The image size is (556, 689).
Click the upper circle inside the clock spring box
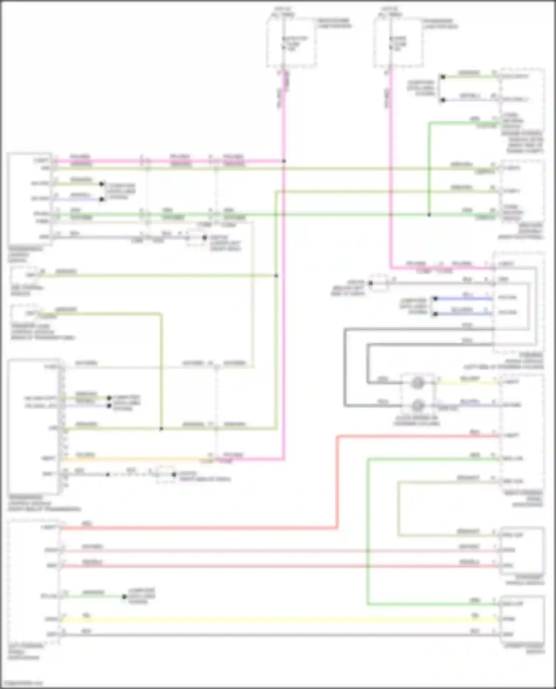(417, 383)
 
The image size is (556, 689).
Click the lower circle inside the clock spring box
(417, 405)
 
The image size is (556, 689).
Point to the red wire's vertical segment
(337, 481)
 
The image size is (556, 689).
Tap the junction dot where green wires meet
(429, 215)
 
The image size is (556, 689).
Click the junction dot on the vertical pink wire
(284, 161)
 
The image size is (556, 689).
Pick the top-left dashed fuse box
(291, 43)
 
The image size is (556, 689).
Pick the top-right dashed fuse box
(398, 43)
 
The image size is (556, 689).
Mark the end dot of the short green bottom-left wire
(124, 596)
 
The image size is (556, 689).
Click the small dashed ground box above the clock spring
(379, 283)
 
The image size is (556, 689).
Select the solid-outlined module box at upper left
(30, 199)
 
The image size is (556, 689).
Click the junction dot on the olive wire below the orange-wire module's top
(161, 429)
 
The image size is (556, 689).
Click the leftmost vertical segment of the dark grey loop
(345, 367)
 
